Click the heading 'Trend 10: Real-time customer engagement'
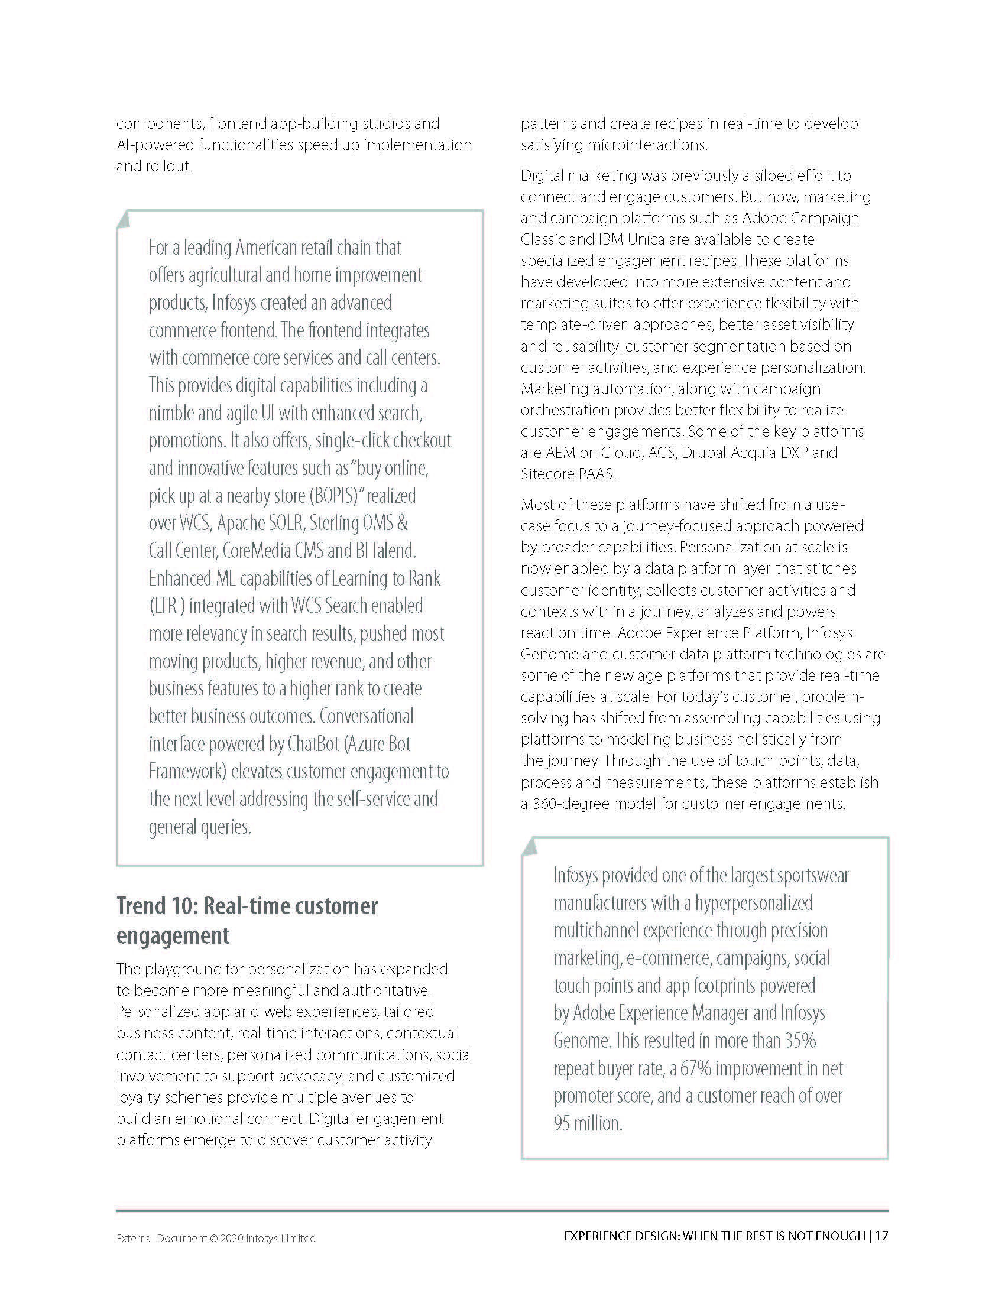click(x=247, y=920)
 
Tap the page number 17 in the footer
click(x=881, y=1236)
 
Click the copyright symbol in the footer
click(x=213, y=1238)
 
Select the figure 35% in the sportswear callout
click(x=800, y=1041)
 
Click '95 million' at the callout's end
click(x=588, y=1123)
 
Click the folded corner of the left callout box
click(x=123, y=219)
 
